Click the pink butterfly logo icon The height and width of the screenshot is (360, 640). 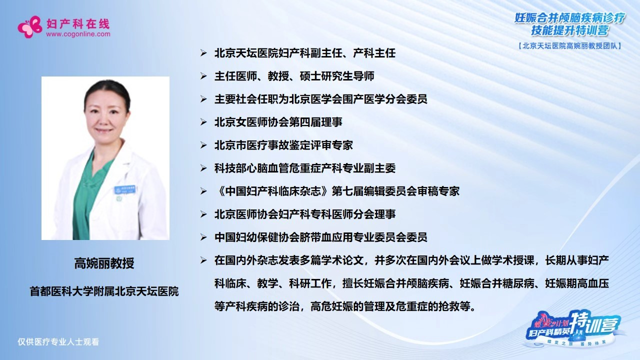[29, 27]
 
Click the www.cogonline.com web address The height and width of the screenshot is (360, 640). [77, 34]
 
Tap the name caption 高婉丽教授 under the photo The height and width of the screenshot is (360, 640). [104, 263]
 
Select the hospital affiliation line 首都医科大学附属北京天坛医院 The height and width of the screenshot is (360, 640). [104, 291]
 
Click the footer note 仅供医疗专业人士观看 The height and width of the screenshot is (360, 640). [58, 342]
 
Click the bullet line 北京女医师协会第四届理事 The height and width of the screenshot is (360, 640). [278, 122]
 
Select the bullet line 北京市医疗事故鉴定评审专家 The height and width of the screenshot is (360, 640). [283, 145]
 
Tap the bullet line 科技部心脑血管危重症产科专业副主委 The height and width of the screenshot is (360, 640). [305, 168]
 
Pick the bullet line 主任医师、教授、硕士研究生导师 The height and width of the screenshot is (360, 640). [294, 76]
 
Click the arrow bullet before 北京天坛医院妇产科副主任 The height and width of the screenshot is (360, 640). [203, 53]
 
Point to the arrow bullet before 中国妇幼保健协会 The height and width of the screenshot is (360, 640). [203, 237]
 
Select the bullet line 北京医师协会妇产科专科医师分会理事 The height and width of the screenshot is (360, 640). [305, 214]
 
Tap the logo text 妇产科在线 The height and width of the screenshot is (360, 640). [77, 23]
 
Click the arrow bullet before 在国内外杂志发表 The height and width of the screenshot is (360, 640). [203, 260]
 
